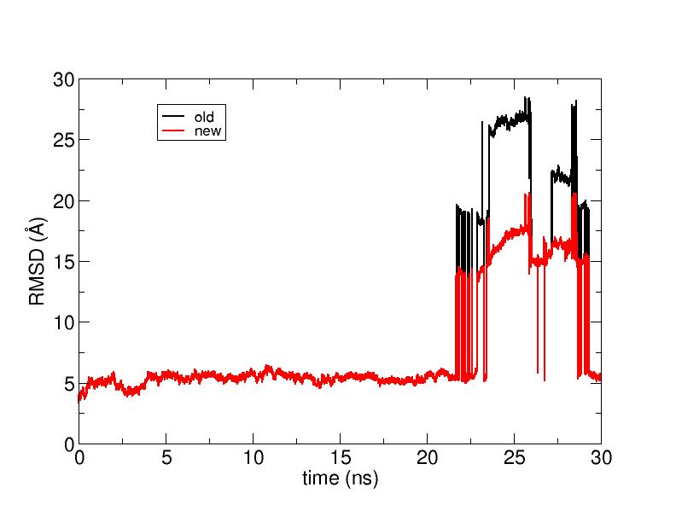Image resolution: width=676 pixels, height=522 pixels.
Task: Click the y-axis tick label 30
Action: [x=64, y=79]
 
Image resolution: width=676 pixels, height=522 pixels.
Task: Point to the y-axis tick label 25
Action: [x=64, y=140]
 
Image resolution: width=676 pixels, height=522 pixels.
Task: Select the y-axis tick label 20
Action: [x=64, y=200]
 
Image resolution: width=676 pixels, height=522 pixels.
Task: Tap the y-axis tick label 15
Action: [x=64, y=262]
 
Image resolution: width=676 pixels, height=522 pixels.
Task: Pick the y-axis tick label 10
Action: [x=64, y=322]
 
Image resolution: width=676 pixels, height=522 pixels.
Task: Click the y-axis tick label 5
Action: [x=69, y=384]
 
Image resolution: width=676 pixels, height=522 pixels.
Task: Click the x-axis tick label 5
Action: [x=166, y=457]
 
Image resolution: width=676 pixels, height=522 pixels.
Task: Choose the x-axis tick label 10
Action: [x=253, y=457]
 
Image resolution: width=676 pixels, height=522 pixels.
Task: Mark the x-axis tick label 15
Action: [x=341, y=457]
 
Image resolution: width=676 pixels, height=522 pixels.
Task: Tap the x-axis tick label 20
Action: [x=428, y=457]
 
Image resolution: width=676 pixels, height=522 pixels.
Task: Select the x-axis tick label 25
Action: [x=515, y=457]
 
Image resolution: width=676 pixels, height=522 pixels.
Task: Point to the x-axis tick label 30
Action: [x=601, y=457]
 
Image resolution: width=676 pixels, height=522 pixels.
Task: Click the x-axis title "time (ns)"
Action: [x=341, y=478]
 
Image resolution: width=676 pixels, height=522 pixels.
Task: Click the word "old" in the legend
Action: [x=204, y=116]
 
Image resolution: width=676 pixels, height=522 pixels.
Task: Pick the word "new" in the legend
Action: [x=207, y=130]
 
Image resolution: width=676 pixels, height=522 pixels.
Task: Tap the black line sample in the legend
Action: [x=173, y=116]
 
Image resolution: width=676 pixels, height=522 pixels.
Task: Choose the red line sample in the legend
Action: [x=173, y=130]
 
